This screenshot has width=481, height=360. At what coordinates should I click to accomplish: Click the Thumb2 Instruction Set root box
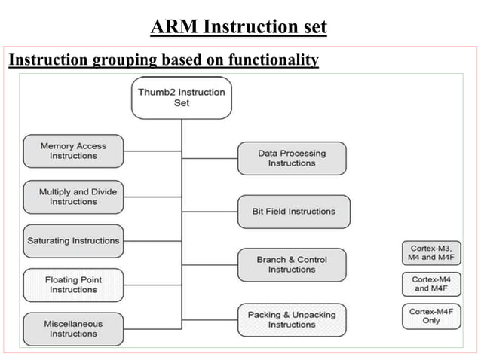tap(181, 98)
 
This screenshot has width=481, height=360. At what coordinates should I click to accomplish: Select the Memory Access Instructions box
tap(73, 151)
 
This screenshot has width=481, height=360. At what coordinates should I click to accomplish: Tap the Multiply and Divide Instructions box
tap(73, 197)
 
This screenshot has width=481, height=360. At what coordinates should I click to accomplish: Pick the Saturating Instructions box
tap(73, 241)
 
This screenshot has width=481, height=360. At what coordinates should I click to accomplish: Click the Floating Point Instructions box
tap(73, 285)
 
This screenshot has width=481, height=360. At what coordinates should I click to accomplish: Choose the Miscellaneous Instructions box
tap(73, 329)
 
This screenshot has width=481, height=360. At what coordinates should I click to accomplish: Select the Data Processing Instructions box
tap(292, 158)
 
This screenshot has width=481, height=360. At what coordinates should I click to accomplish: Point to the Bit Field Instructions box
tap(293, 212)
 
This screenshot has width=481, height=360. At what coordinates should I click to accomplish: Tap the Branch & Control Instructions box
tap(292, 264)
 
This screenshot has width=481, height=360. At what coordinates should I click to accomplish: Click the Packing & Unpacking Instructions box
tap(292, 319)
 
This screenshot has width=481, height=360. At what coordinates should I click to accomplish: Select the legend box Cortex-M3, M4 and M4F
tap(431, 253)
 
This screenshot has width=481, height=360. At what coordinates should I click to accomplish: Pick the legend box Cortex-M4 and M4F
tap(431, 284)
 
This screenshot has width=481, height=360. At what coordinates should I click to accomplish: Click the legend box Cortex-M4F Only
tap(431, 316)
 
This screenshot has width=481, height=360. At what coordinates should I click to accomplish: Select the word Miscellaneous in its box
tap(73, 324)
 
